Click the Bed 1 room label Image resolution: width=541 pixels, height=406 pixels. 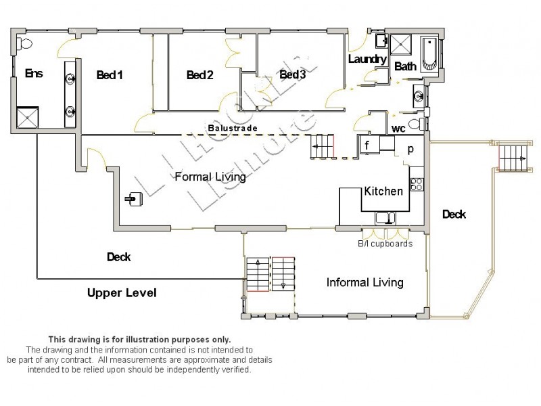110,75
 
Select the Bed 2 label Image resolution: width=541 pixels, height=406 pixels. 200,75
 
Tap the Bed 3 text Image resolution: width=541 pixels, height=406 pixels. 293,74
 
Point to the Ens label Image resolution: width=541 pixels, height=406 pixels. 34,73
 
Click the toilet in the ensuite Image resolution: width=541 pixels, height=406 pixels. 25,43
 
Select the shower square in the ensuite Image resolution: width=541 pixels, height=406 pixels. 28,118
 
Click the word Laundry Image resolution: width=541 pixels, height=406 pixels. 366,60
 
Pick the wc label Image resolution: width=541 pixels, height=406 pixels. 398,129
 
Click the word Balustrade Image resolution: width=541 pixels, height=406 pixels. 229,127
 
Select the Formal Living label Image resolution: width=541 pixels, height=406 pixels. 210,177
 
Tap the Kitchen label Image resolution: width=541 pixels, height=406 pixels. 383,191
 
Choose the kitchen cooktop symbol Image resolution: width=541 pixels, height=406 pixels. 417,183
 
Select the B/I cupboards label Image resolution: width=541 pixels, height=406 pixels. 385,244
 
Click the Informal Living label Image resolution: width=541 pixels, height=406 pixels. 365,282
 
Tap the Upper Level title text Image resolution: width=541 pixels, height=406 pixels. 122,293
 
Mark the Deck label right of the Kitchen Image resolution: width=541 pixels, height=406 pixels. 454,215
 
